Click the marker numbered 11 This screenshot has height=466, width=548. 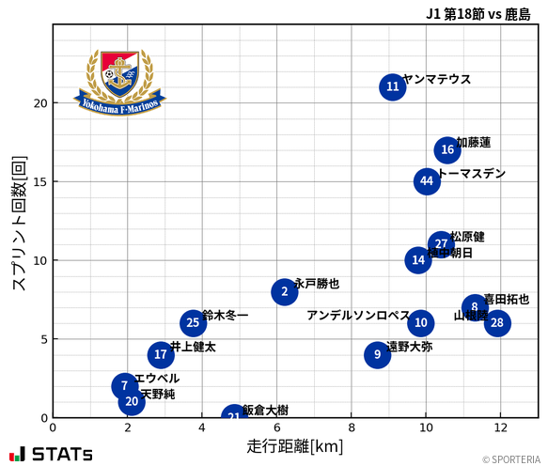[x=393, y=87]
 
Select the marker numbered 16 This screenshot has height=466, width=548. [x=447, y=150]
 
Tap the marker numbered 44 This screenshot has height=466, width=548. [x=427, y=181]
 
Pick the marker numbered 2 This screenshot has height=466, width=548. [x=285, y=292]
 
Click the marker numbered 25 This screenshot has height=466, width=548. [x=193, y=323]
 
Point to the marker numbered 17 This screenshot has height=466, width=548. [x=161, y=355]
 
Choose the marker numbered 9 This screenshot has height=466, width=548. [x=377, y=355]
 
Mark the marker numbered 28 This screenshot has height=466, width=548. [x=497, y=323]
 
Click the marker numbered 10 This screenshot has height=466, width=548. [x=421, y=323]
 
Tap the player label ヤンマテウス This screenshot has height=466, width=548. [x=436, y=80]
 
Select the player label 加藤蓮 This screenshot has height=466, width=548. [x=474, y=143]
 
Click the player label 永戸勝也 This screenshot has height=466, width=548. [x=317, y=284]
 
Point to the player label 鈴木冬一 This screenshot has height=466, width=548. [x=226, y=316]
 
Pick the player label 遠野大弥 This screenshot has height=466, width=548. [x=410, y=347]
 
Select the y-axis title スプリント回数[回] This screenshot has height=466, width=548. [x=18, y=223]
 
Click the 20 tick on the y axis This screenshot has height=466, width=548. [x=39, y=103]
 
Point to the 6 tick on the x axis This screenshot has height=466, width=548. [x=276, y=427]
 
